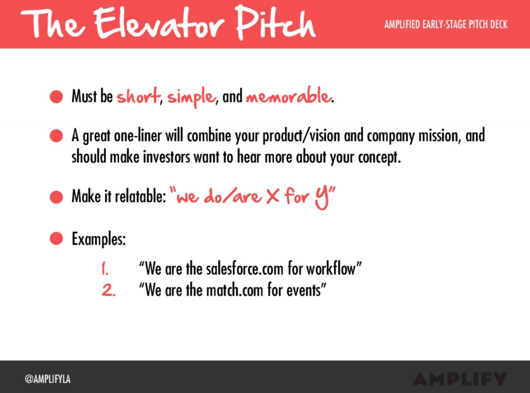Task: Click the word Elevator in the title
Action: (159, 23)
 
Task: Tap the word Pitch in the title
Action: (275, 22)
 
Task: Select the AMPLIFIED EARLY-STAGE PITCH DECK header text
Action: (446, 24)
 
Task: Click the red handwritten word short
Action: (139, 96)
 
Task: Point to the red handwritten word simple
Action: (191, 97)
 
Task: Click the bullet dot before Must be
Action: (56, 96)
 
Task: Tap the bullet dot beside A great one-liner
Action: (56, 136)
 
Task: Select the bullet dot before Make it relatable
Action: (56, 196)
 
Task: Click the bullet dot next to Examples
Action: (56, 239)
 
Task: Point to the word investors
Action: (166, 157)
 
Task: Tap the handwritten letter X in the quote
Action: (273, 196)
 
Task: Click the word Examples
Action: (99, 239)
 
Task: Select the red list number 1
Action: (105, 269)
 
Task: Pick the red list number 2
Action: (109, 290)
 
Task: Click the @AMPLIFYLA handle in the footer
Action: (48, 379)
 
